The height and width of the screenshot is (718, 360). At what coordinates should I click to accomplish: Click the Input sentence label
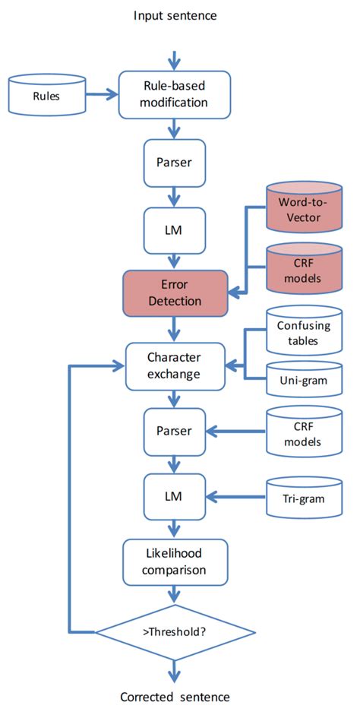175,15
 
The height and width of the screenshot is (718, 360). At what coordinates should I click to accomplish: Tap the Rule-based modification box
175,96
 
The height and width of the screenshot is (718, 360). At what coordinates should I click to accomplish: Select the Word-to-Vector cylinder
303,214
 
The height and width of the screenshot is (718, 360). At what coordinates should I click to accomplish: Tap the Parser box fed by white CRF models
175,432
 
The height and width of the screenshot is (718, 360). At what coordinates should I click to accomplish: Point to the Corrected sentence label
175,697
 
